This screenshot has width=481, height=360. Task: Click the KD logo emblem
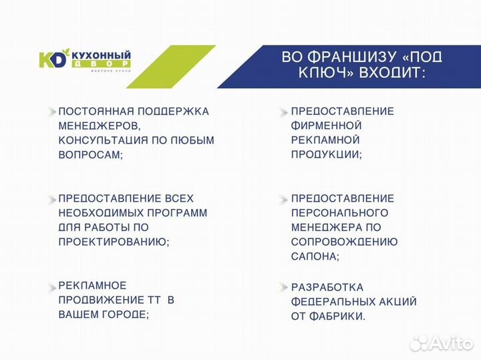54,59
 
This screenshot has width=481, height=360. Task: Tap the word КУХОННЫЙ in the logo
100,55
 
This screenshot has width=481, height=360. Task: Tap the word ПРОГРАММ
176,213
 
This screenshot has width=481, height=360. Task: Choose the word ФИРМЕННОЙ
327,126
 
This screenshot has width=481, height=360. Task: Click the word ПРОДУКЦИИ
325,154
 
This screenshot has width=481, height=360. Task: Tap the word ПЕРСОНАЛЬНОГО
340,213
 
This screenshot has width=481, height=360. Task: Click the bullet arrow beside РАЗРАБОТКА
283,287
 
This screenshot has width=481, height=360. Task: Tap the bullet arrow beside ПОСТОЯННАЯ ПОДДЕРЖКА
51,111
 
